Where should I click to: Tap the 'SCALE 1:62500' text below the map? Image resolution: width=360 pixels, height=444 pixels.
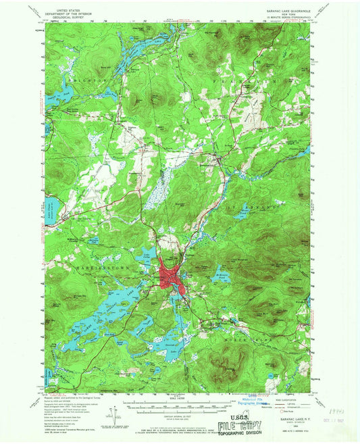tap(178, 395)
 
